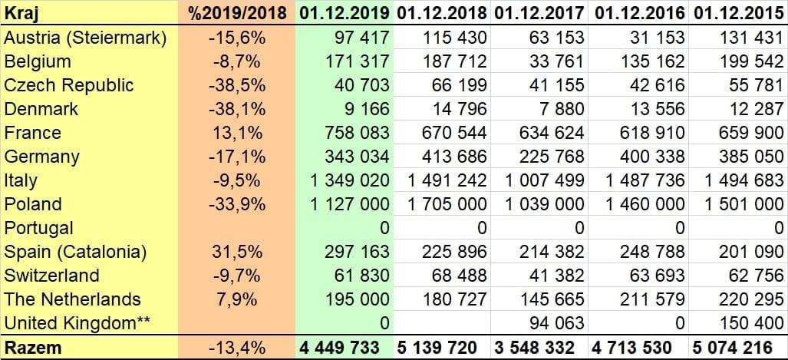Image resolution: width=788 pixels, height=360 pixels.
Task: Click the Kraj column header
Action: tap(21, 13)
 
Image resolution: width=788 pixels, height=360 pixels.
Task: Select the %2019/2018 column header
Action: tap(237, 13)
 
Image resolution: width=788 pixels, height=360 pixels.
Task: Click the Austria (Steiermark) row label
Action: tap(85, 38)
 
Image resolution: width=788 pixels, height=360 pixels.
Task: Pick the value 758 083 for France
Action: tap(350, 133)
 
